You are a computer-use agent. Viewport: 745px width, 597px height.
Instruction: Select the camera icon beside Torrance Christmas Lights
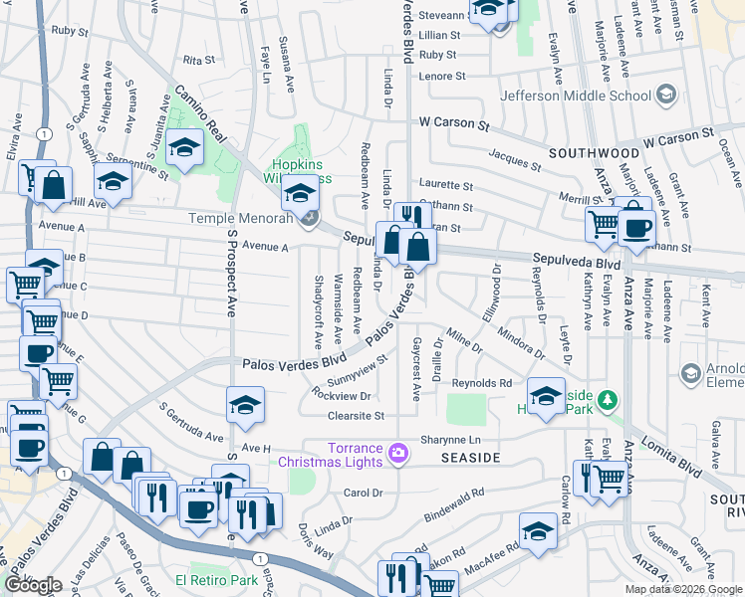pyautogui.click(x=398, y=454)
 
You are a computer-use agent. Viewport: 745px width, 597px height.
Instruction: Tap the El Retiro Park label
pyautogui.click(x=208, y=580)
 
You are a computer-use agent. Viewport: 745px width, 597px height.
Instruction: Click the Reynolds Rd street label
pyautogui.click(x=481, y=383)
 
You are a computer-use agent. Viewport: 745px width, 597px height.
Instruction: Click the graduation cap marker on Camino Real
pyautogui.click(x=184, y=149)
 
